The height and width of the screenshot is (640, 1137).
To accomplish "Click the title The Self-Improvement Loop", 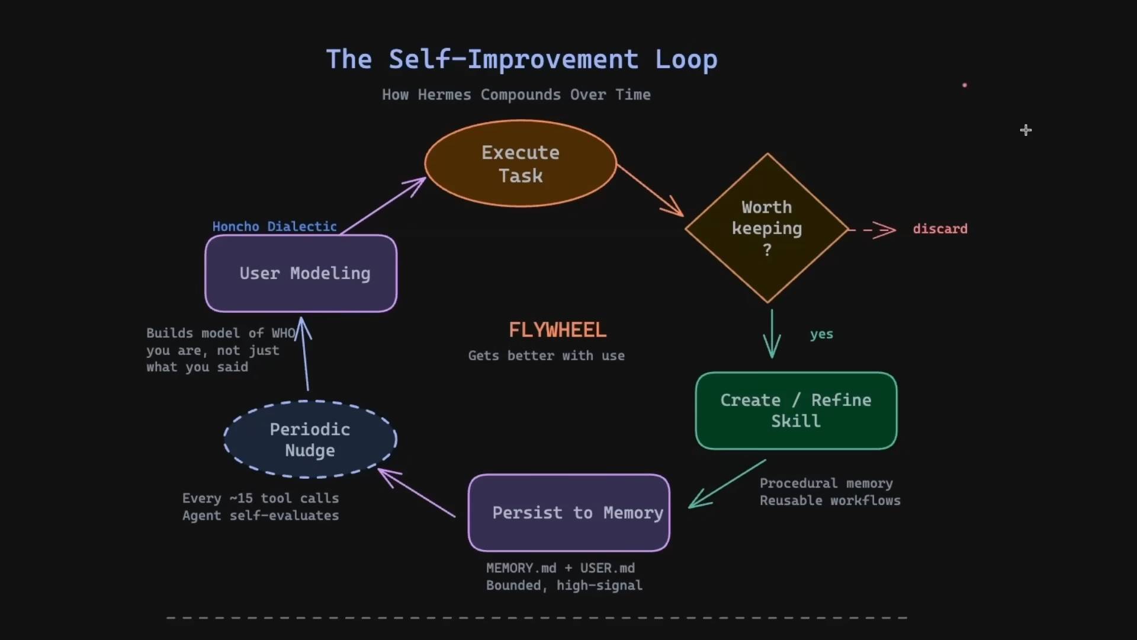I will (x=522, y=59).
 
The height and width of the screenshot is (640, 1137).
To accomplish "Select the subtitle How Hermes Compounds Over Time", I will (x=516, y=95).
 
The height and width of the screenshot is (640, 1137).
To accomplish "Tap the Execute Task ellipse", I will (x=521, y=164).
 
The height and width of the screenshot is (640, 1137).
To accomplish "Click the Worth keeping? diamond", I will (x=767, y=228).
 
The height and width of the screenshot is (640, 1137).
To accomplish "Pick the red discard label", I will (x=940, y=229).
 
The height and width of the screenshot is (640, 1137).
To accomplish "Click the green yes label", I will (x=821, y=334).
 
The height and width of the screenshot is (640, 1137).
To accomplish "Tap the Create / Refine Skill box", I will (x=796, y=411).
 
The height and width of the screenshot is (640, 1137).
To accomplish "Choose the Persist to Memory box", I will (x=568, y=513).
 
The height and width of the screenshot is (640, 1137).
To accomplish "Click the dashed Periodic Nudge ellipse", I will (x=310, y=440).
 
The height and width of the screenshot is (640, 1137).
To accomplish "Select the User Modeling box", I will (x=301, y=273).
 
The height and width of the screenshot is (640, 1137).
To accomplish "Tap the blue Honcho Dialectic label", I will (x=274, y=226).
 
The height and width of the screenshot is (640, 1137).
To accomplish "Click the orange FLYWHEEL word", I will (x=557, y=330).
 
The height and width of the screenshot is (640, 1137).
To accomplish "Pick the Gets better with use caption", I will (x=546, y=356).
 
